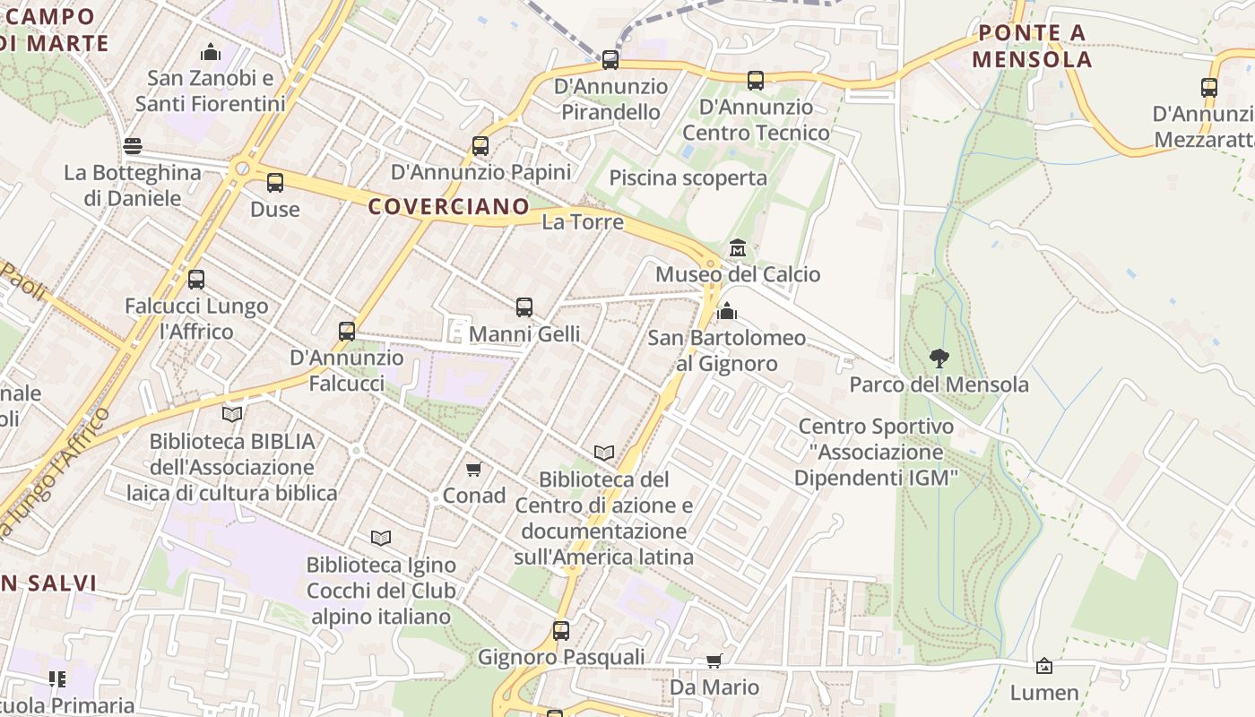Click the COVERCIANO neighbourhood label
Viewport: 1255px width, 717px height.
point(449,206)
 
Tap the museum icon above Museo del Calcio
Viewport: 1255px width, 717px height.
point(738,247)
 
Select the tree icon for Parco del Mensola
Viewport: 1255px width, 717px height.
point(939,358)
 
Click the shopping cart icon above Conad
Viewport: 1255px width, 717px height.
point(474,469)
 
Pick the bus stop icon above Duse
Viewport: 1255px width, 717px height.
point(274,183)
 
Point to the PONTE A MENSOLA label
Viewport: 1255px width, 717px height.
point(1032,47)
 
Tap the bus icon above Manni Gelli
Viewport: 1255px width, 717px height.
point(524,307)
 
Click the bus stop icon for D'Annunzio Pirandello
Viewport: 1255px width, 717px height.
point(610,60)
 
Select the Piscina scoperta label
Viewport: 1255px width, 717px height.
point(688,177)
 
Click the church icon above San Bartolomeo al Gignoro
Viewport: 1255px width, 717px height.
point(727,311)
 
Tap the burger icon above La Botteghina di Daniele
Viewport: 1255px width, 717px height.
point(133,146)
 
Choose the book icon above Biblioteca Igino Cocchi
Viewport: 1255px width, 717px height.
point(381,538)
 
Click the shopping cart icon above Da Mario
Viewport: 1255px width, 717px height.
point(714,661)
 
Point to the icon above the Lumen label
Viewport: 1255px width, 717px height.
point(1043,666)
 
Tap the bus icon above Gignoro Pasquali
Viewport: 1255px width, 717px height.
point(561,630)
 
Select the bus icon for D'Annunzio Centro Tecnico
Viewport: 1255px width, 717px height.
point(756,81)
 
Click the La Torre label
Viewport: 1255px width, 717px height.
point(582,221)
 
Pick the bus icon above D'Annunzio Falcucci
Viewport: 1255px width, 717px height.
point(347,332)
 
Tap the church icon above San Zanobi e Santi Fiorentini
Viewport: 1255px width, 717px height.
point(211,52)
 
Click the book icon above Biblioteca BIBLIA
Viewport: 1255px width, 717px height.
point(232,414)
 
